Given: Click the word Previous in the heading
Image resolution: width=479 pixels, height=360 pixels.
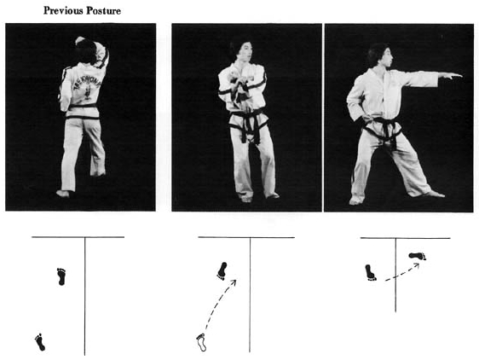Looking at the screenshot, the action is (63, 11).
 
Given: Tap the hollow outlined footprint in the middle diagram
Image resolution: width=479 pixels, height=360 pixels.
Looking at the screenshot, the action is (201, 342).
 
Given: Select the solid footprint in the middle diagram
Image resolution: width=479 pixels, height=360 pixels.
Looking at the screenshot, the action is (222, 271).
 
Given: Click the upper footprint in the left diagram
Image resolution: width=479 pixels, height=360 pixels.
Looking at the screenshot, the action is (61, 276).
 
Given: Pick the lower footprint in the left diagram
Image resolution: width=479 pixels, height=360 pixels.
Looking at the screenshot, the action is (40, 342).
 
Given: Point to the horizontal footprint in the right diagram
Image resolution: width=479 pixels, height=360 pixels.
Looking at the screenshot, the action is (418, 256).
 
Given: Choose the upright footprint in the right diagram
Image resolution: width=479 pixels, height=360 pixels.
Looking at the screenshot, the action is (371, 272).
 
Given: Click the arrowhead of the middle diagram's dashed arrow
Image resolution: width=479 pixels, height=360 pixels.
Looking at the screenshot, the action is (234, 282).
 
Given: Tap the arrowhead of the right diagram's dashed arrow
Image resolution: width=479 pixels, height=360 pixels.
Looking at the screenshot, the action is (416, 265).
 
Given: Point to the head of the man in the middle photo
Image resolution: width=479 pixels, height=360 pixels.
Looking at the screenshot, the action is (241, 50).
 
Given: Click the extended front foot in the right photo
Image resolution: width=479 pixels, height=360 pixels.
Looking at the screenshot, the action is (433, 194).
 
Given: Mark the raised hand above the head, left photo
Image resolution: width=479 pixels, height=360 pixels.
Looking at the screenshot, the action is (80, 40).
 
